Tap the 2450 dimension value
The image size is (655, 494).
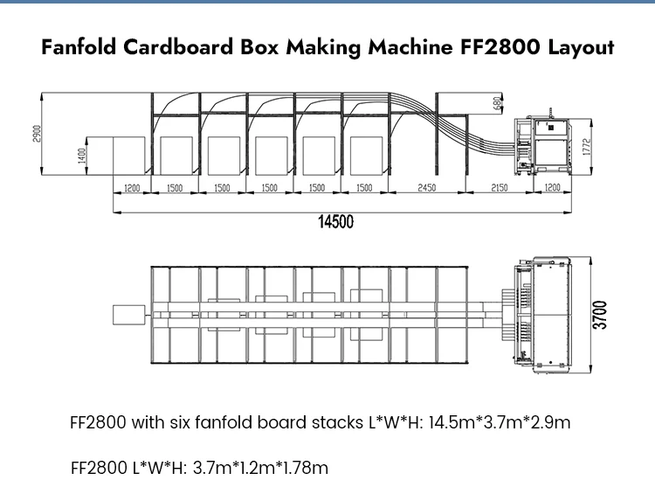tap(426, 188)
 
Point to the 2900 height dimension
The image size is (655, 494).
tap(38, 135)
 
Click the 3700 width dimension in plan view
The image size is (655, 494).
tap(601, 314)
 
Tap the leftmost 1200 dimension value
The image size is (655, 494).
tap(133, 188)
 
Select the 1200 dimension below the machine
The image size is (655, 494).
tap(552, 188)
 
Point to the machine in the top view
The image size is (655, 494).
tap(549, 313)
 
